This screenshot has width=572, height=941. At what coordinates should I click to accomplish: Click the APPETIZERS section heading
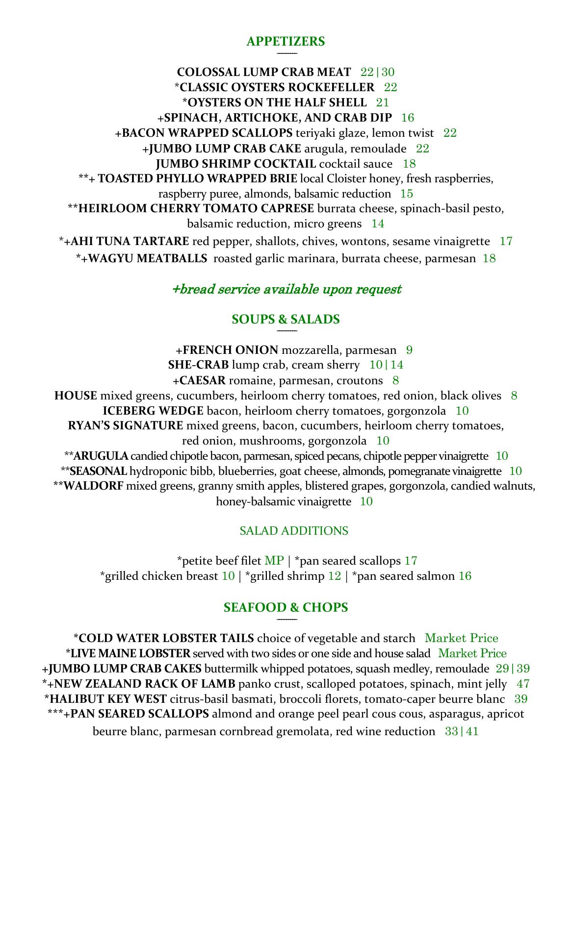pyautogui.click(x=286, y=42)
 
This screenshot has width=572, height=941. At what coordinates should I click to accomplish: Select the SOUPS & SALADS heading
pyautogui.click(x=286, y=320)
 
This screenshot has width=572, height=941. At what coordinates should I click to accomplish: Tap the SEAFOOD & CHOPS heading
pyautogui.click(x=286, y=608)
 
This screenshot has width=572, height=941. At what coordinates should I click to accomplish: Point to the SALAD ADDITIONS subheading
pyautogui.click(x=294, y=531)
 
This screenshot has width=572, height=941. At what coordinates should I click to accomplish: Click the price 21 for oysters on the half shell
pyautogui.click(x=383, y=102)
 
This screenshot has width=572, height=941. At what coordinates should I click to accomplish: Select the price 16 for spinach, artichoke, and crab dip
pyautogui.click(x=408, y=118)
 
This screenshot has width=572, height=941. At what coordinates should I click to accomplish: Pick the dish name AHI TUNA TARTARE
pyautogui.click(x=130, y=241)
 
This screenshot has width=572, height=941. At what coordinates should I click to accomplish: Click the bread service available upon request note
pyautogui.click(x=286, y=289)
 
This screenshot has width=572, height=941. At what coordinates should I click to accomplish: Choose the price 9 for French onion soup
pyautogui.click(x=410, y=350)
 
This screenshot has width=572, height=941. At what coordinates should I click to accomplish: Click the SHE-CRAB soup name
pyautogui.click(x=198, y=365)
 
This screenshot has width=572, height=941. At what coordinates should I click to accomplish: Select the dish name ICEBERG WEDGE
pyautogui.click(x=153, y=411)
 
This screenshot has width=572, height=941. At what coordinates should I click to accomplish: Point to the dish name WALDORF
pyautogui.click(x=94, y=486)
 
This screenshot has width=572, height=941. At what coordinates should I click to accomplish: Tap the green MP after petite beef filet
pyautogui.click(x=274, y=561)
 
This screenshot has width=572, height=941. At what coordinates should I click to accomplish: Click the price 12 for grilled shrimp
pyautogui.click(x=335, y=576)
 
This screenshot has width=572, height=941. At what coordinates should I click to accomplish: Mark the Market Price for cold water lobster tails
pyautogui.click(x=461, y=638)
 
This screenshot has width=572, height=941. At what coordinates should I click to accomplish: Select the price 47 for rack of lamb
pyautogui.click(x=523, y=684)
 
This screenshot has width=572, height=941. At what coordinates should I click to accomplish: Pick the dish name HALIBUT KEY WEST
pyautogui.click(x=108, y=699)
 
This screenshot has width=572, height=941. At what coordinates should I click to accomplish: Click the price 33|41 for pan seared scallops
pyautogui.click(x=462, y=732)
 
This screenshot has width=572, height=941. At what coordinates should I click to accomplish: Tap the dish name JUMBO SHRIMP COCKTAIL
pyautogui.click(x=236, y=164)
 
